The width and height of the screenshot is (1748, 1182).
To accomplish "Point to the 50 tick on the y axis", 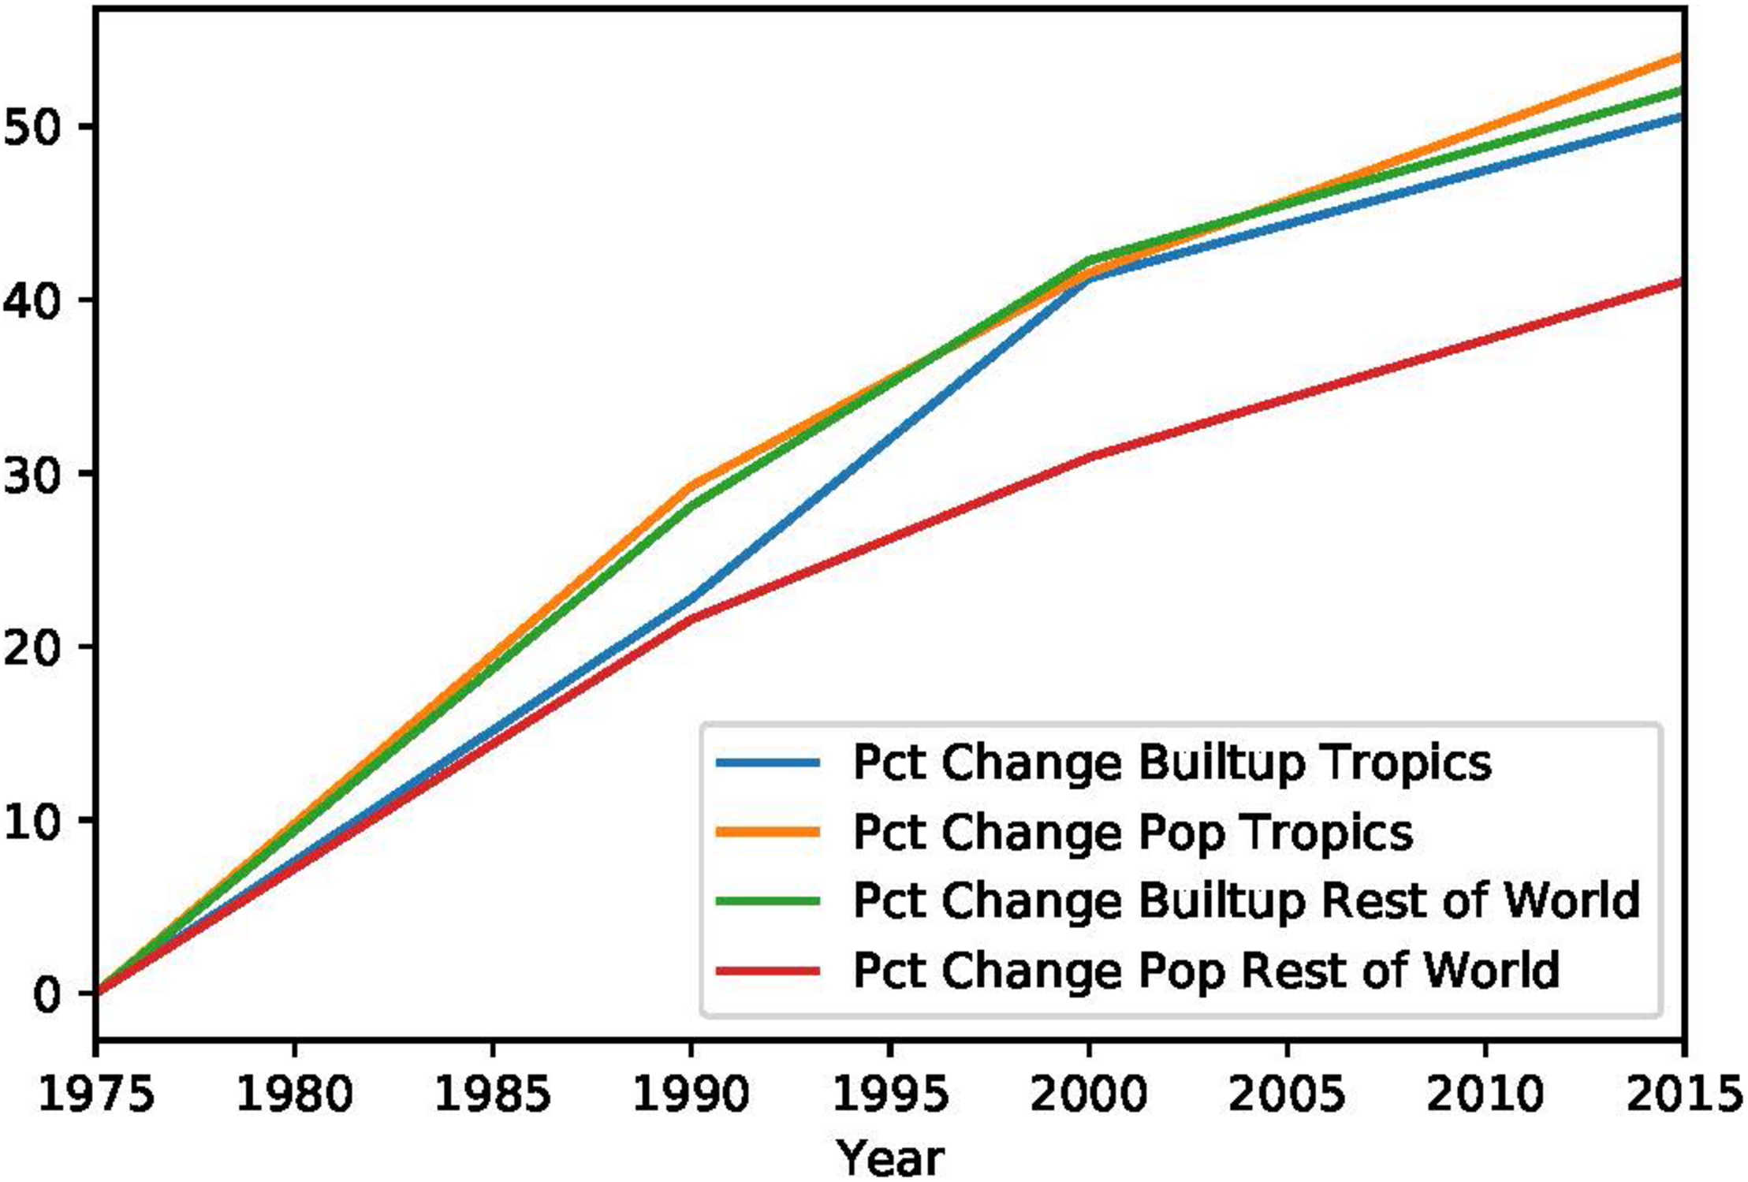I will pyautogui.click(x=32, y=127).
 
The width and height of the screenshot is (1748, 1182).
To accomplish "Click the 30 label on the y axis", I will pyautogui.click(x=32, y=474).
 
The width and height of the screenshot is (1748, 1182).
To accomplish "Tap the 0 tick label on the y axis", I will pyautogui.click(x=47, y=994).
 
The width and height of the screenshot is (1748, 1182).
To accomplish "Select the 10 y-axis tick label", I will pyautogui.click(x=32, y=821).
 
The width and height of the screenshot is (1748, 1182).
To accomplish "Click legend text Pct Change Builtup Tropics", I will pyautogui.click(x=1172, y=763).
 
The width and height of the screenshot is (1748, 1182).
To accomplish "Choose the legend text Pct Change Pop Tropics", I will pyautogui.click(x=1133, y=833).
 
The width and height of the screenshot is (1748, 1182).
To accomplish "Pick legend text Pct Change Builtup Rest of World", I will pyautogui.click(x=1247, y=900).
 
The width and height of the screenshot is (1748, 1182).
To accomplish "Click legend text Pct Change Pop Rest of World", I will pyautogui.click(x=1206, y=970).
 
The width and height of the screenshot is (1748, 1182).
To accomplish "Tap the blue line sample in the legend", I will pyautogui.click(x=768, y=763).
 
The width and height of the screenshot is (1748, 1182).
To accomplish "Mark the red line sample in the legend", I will pyautogui.click(x=768, y=970).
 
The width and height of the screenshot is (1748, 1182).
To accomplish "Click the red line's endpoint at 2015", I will pyautogui.click(x=1681, y=282).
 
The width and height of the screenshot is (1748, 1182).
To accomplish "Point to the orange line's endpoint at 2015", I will pyautogui.click(x=1681, y=57).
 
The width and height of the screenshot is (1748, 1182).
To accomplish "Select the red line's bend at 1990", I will pyautogui.click(x=691, y=619).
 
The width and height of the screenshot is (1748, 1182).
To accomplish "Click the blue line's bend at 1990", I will pyautogui.click(x=691, y=598).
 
